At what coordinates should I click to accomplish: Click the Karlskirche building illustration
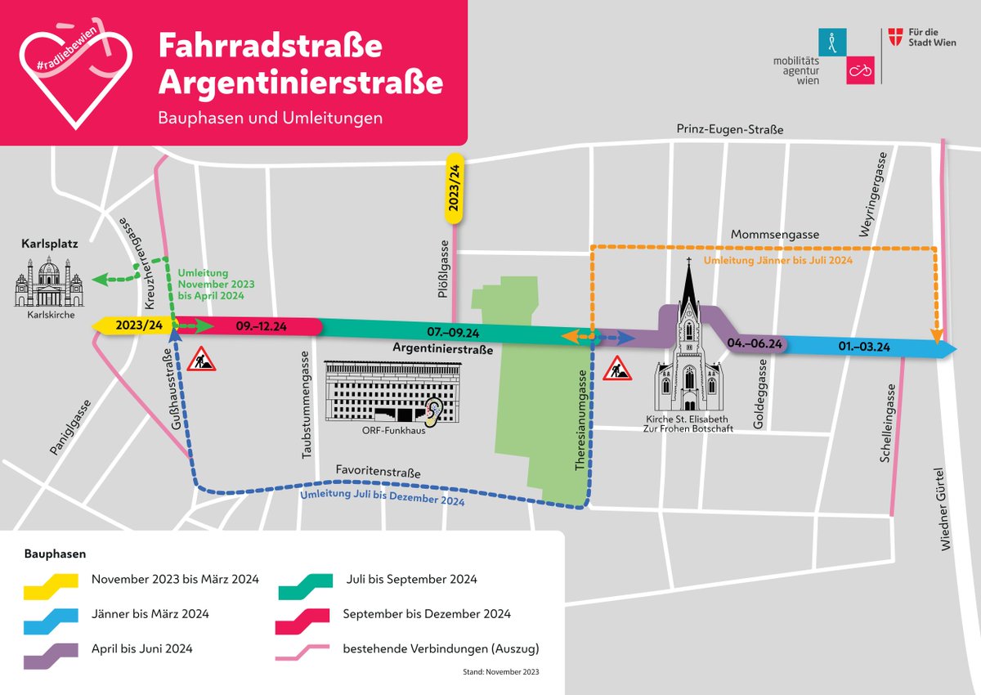point(48,282)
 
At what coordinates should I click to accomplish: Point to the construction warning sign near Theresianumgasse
point(616,370)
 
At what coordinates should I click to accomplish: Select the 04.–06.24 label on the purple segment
point(755,344)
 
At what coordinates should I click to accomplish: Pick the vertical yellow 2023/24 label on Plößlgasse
point(455,187)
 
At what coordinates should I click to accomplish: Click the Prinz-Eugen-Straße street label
point(730,129)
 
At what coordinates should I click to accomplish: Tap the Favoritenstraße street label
point(378,473)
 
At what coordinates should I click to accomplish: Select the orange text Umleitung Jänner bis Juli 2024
point(778,260)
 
